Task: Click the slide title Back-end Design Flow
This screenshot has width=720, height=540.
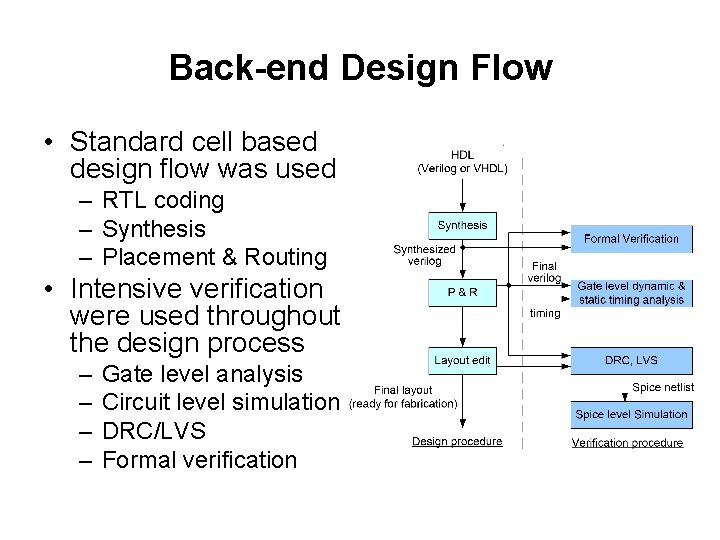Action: click(360, 68)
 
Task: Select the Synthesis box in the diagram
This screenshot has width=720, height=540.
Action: click(462, 225)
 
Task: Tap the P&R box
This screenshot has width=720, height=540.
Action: click(462, 292)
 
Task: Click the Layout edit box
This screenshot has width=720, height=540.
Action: click(462, 360)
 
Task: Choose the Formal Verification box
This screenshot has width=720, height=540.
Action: click(631, 238)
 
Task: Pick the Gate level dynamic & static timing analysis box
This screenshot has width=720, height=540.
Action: click(631, 293)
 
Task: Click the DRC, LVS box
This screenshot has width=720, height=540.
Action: click(631, 360)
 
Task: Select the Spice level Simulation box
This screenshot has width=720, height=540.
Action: click(631, 414)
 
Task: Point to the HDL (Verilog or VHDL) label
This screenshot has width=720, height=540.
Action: click(462, 162)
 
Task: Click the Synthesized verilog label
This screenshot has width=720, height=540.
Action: click(424, 255)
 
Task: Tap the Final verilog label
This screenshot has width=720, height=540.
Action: click(545, 272)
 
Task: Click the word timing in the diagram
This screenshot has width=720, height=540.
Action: click(545, 313)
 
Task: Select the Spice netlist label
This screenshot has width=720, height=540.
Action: click(662, 387)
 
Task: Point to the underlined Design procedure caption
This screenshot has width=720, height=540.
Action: click(457, 442)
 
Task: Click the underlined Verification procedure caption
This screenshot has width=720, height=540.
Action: click(627, 443)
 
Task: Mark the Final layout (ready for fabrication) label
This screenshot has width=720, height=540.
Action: click(403, 397)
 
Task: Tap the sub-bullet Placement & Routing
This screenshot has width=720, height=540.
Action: click(214, 257)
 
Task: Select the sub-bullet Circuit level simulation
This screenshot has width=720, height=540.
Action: click(221, 402)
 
